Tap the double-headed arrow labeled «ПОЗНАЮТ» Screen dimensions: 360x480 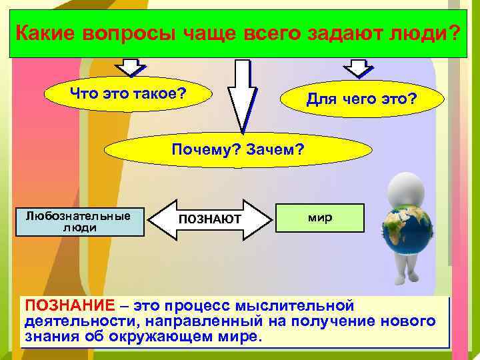pyautogui.click(x=211, y=220)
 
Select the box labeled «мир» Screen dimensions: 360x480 pyautogui.click(x=321, y=218)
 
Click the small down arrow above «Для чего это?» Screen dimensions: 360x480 pyautogui.click(x=357, y=67)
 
